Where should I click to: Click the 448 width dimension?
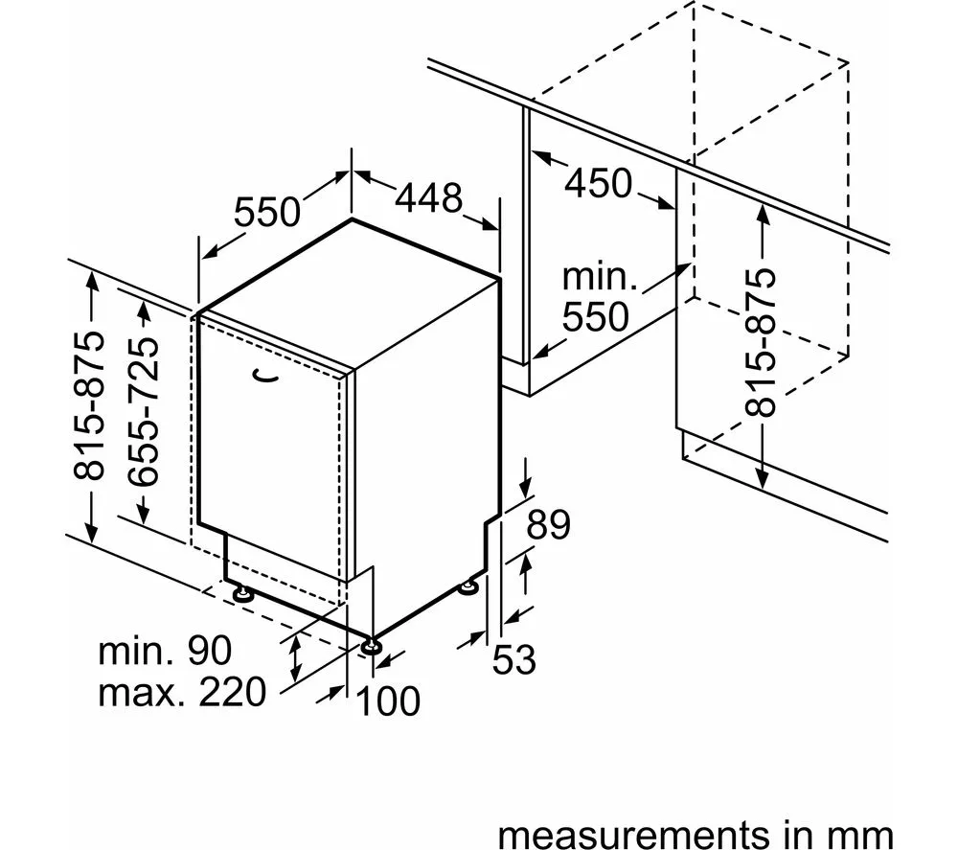point(429,198)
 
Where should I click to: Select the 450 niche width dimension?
point(598,183)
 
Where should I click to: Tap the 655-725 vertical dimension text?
point(145,411)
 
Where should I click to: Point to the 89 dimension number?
point(548,525)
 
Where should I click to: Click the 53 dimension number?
point(513,660)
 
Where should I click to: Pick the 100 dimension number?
point(388,701)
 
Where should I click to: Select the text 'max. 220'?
point(182,692)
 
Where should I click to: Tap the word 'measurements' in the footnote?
point(633,834)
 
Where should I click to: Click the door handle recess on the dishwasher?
point(265,377)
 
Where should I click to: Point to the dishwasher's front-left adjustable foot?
point(242,594)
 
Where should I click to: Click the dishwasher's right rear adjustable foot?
point(469,587)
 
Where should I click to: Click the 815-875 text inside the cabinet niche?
point(761,343)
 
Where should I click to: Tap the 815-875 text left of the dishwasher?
point(89,405)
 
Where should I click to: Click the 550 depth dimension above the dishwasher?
point(267,212)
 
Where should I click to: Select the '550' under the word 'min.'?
point(596,316)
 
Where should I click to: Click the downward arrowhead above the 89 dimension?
point(525,486)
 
